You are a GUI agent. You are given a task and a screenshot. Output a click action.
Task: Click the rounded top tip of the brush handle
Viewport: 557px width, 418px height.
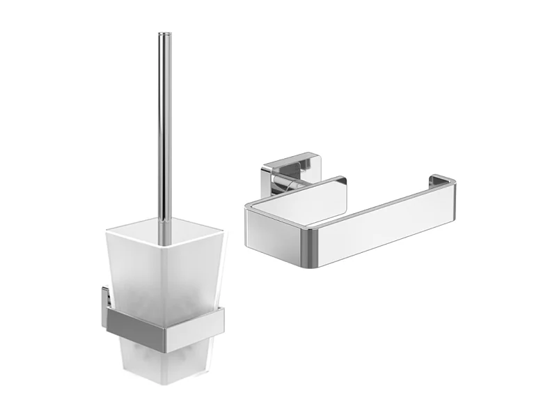point(164,34)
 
